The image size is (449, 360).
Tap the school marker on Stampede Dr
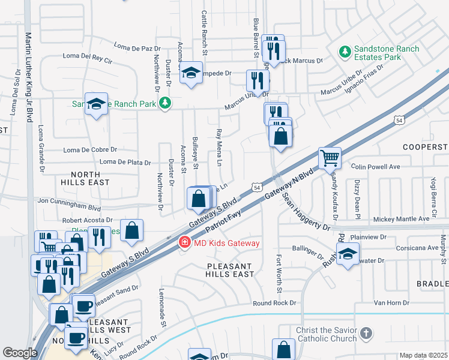tap(191, 74)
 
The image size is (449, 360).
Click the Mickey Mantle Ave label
tap(401, 219)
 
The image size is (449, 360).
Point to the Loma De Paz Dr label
tap(137, 46)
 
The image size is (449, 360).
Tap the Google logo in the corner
tap(20, 353)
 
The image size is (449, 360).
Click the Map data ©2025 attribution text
tap(423, 355)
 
